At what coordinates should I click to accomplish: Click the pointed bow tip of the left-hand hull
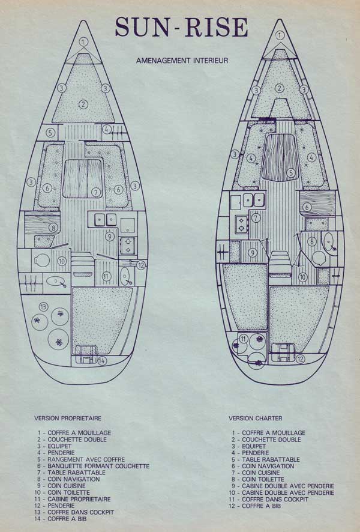84,20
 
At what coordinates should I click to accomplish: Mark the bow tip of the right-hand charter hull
280,19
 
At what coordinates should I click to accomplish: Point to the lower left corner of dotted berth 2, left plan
52,122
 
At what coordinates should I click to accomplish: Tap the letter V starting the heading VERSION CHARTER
230,419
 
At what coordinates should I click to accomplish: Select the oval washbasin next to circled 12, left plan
125,277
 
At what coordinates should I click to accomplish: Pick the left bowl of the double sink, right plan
247,200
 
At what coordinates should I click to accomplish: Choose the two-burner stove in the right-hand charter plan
242,223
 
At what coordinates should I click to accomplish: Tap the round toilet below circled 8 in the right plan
318,258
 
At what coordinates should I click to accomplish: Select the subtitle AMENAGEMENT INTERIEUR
182,61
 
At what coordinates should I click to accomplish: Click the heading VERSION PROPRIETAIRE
67,419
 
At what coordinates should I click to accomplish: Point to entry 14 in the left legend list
61,519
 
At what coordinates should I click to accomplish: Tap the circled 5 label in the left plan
50,132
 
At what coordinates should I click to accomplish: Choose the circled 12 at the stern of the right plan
300,358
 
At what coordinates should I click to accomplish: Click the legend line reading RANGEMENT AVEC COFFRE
81,460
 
